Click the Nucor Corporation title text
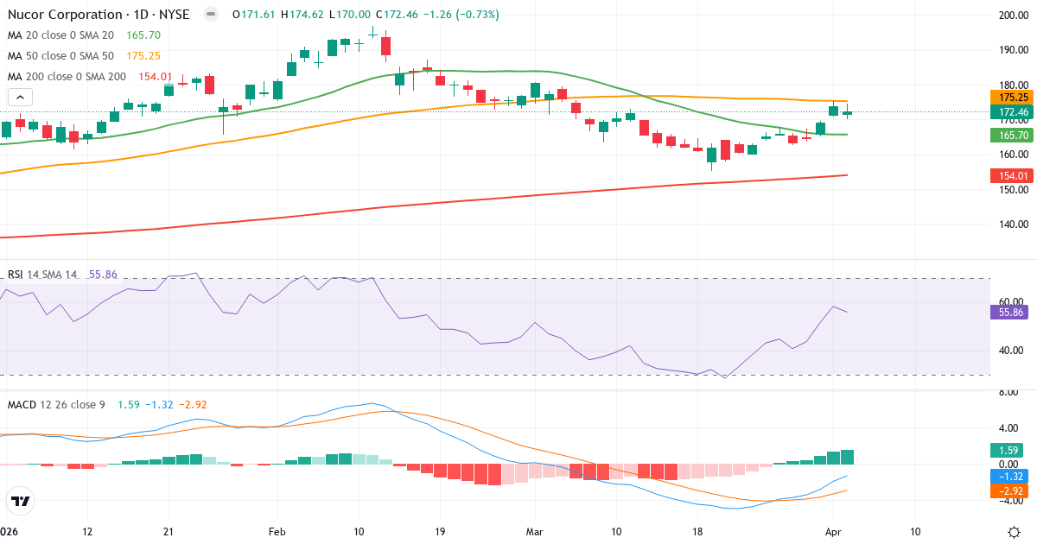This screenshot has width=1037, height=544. pos(65,15)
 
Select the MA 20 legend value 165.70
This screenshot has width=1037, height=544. pos(143,35)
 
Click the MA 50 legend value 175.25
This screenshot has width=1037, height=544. pos(143,56)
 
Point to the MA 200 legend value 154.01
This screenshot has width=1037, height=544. pos(156,77)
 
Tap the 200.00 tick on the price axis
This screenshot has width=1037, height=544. pos(1012,16)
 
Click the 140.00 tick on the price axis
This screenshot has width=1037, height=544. pos(1012,225)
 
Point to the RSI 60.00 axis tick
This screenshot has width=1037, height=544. pos(1012,301)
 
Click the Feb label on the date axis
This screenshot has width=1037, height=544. pos(277,531)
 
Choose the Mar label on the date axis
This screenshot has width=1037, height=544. pos(536,531)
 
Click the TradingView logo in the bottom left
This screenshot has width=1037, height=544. pos(21,501)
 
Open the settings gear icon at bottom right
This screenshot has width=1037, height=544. pos(1016,531)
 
